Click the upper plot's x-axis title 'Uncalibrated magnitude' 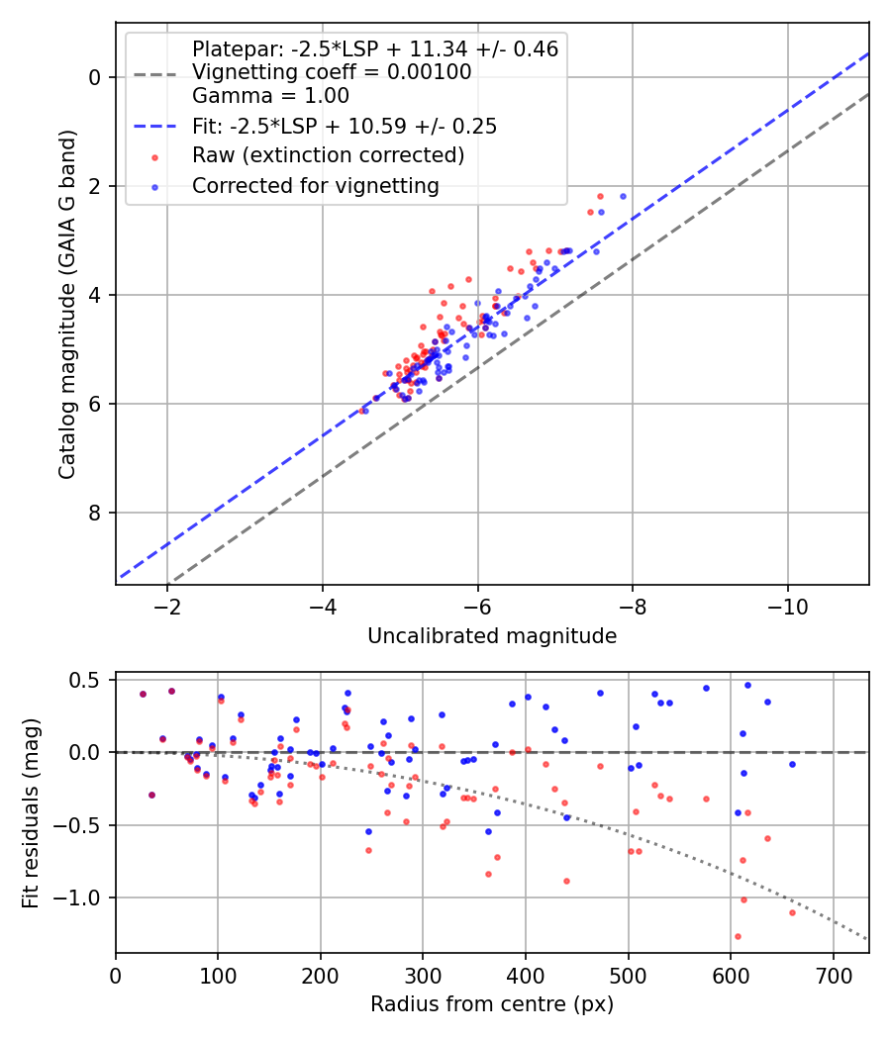(492, 636)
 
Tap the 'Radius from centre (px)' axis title (492, 1004)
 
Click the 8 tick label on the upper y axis (96, 513)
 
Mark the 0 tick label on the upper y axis (96, 77)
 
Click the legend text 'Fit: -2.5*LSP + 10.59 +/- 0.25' (345, 127)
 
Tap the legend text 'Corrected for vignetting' (315, 185)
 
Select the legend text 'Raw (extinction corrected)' (328, 156)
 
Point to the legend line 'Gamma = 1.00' (270, 97)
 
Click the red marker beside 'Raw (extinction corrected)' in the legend (155, 156)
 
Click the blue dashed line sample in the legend (155, 127)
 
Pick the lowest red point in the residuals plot (738, 936)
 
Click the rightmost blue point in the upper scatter (623, 196)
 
